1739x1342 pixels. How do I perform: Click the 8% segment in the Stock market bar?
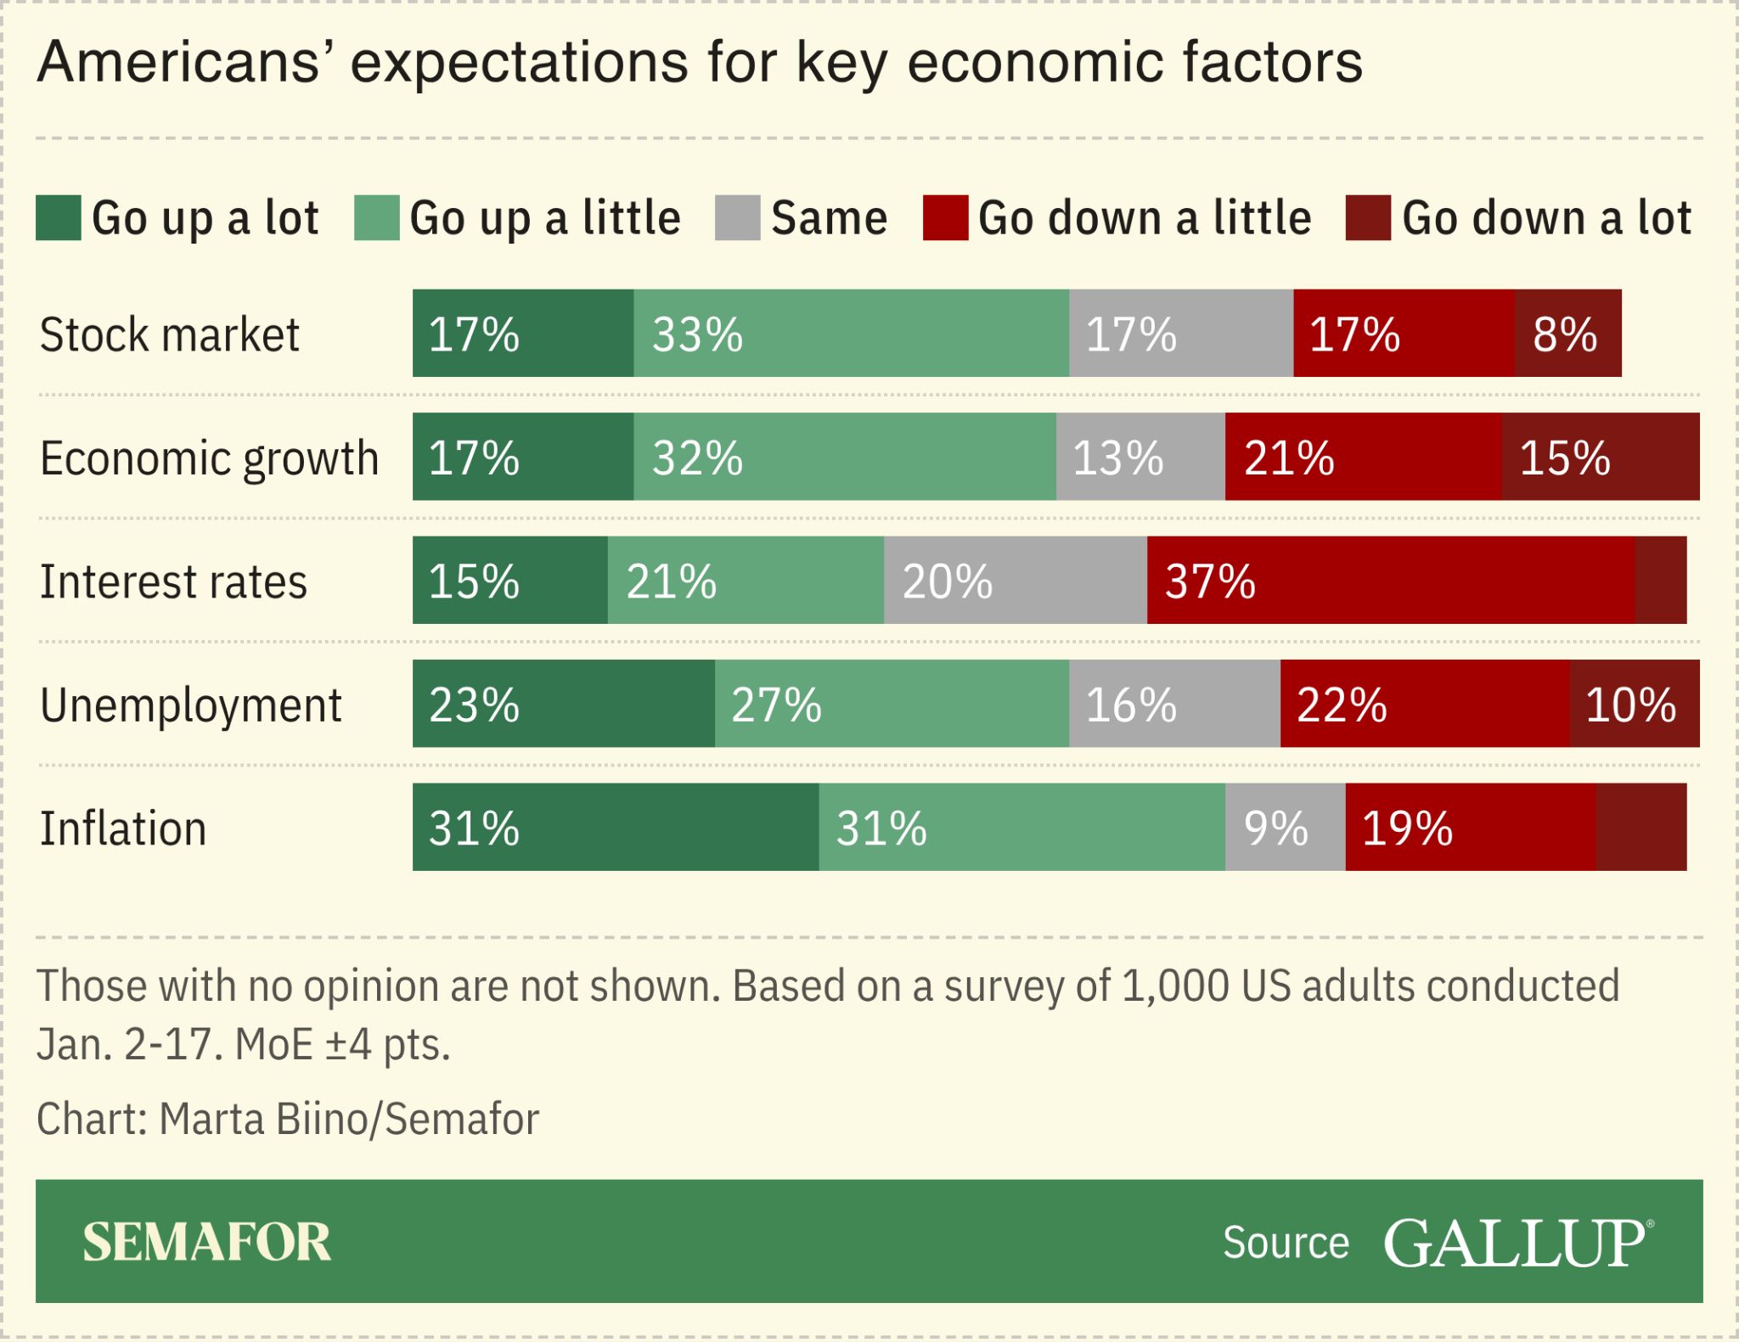point(1567,333)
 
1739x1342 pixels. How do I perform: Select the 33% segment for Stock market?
point(851,333)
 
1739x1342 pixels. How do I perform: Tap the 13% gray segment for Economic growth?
point(1140,457)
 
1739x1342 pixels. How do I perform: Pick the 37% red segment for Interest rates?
point(1390,581)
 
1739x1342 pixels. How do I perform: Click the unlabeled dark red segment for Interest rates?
point(1660,581)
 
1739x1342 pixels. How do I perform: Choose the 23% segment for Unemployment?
point(563,704)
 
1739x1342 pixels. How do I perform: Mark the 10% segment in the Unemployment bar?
point(1634,704)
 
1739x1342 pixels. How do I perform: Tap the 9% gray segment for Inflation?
point(1285,827)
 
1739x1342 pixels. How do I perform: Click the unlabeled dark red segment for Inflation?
point(1641,827)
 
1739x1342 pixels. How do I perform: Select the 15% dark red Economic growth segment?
point(1600,457)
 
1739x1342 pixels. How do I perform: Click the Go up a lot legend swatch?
point(59,218)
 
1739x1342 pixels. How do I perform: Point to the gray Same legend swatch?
point(737,218)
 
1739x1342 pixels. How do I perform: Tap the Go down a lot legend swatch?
point(1367,218)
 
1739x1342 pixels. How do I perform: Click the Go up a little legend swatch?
point(376,218)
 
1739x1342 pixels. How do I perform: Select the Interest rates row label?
point(173,582)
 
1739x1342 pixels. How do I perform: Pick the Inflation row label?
point(123,828)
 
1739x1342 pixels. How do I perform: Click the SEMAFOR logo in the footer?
point(206,1242)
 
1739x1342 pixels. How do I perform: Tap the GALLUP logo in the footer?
point(1517,1244)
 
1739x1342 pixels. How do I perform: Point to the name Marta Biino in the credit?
point(264,1119)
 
